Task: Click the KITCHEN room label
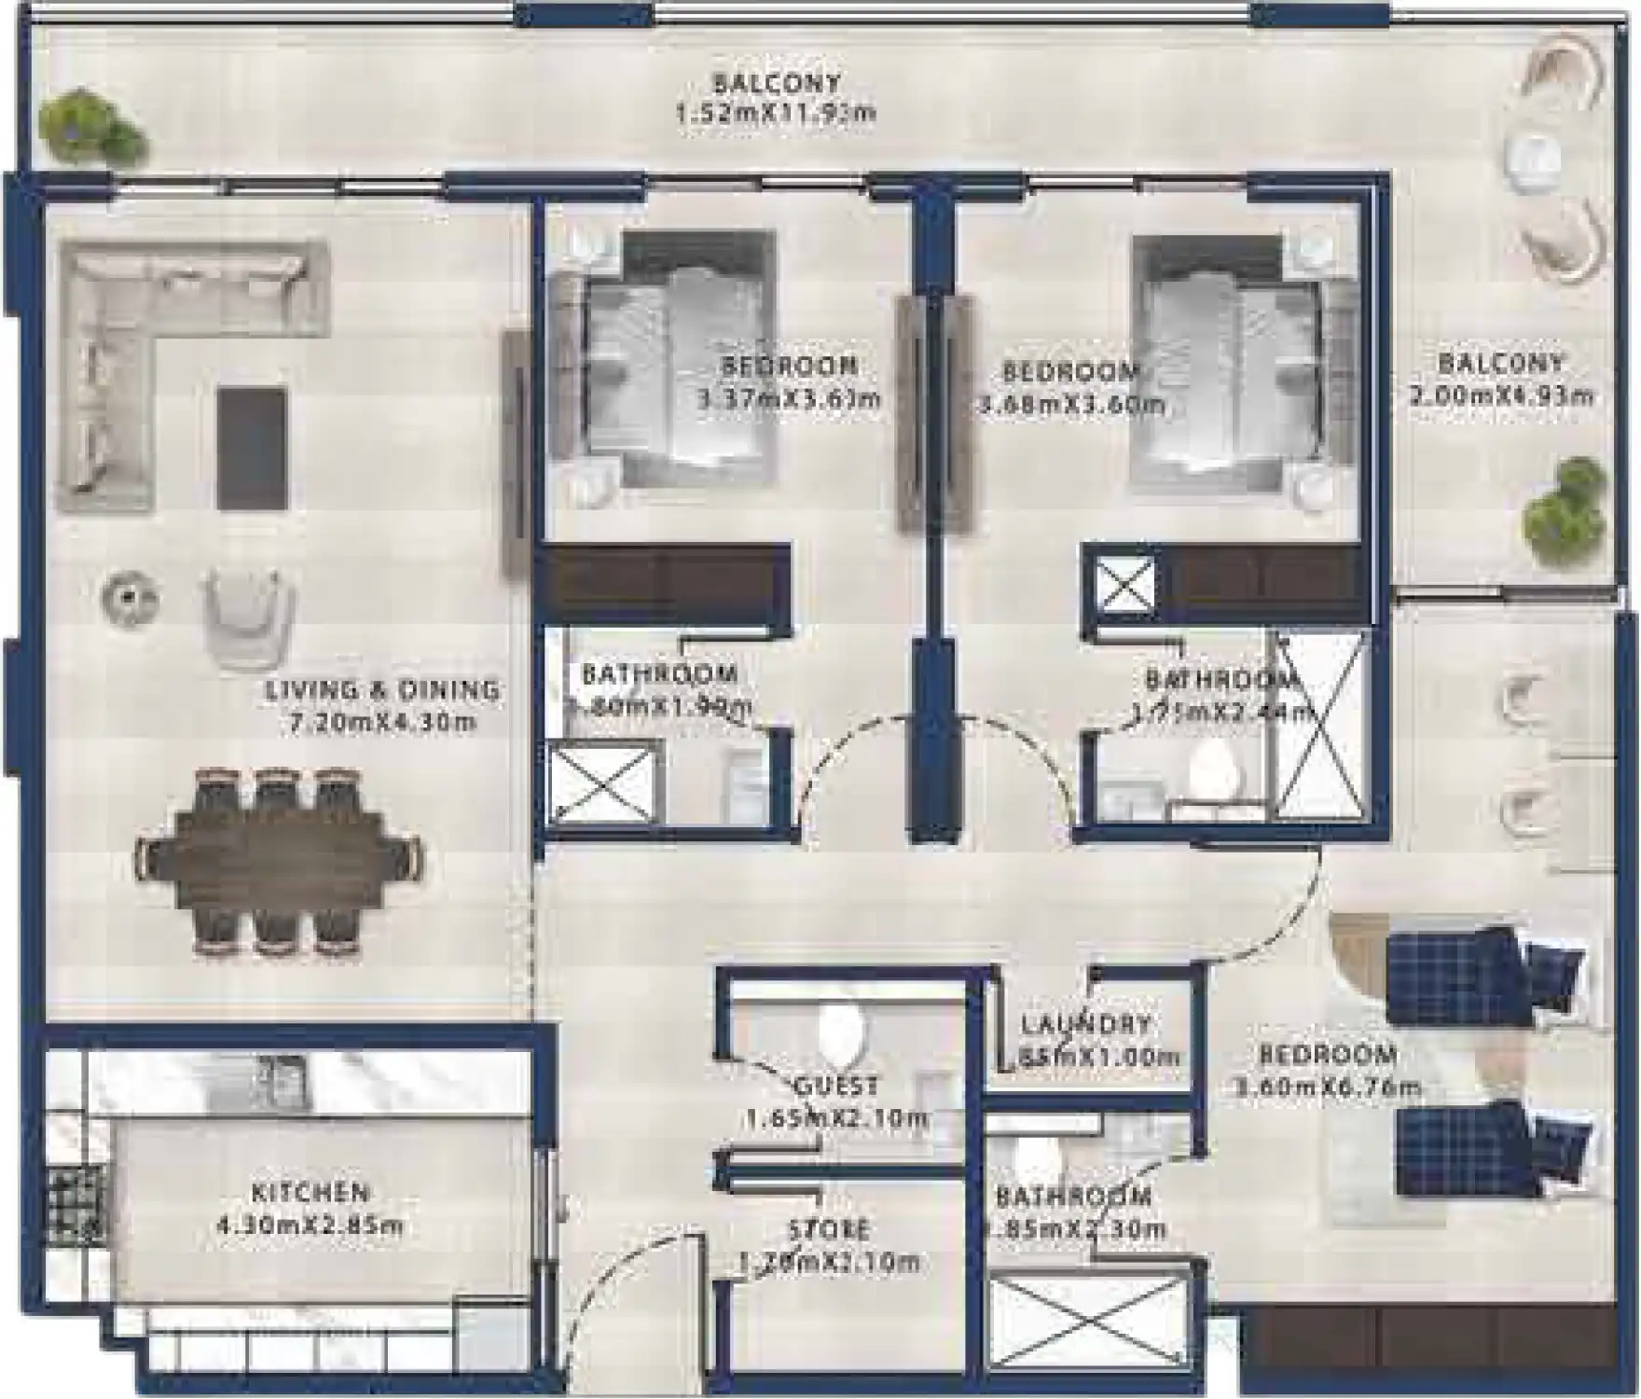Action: (310, 1192)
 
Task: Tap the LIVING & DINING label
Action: (382, 690)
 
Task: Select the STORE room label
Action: (830, 1229)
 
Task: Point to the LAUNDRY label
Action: (1086, 1023)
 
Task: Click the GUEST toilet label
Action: (836, 1086)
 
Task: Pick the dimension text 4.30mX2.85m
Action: (310, 1225)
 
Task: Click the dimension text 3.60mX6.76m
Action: (1329, 1087)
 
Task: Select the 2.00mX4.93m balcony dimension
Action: (1501, 395)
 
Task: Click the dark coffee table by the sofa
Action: (252, 449)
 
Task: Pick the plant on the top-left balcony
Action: (90, 128)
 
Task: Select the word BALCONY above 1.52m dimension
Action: (776, 83)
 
